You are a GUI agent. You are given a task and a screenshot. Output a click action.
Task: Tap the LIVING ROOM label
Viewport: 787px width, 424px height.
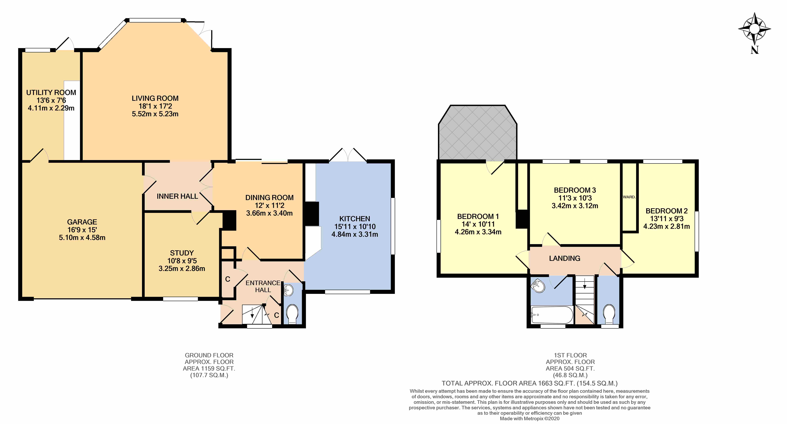point(155,98)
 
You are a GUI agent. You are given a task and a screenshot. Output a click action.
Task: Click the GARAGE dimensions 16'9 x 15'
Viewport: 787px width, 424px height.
point(82,230)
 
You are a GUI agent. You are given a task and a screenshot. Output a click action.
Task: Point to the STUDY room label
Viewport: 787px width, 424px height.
point(182,253)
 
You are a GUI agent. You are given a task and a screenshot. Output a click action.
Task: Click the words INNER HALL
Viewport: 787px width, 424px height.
point(177,196)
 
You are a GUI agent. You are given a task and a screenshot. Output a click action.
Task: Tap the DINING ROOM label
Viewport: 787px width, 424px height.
point(269,198)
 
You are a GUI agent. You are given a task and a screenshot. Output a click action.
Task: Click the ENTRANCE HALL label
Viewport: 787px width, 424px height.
point(263,286)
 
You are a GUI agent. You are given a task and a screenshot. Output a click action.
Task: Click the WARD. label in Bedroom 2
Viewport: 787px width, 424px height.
point(629,197)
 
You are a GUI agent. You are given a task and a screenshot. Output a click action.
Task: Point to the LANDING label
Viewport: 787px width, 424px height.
point(565,258)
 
